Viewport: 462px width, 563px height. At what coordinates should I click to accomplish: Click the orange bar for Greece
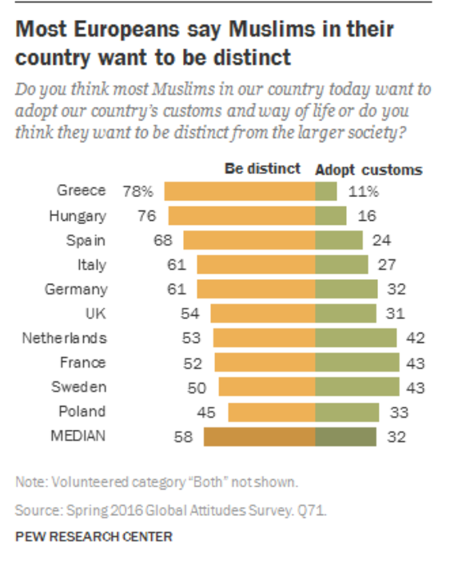point(240,191)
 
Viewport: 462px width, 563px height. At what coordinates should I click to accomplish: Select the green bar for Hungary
point(331,216)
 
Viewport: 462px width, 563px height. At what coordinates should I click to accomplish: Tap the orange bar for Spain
point(249,241)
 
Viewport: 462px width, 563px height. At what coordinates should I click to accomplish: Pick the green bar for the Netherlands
point(356,338)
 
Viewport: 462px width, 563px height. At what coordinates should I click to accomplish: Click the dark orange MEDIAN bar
point(259,436)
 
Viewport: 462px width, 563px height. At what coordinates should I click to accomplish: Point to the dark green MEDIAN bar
point(346,436)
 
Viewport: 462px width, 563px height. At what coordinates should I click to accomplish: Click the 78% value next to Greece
point(137,192)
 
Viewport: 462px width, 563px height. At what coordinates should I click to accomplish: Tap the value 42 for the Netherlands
point(416,339)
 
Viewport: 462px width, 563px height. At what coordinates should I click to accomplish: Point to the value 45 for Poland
point(205,412)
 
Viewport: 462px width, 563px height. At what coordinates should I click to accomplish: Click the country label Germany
point(75,289)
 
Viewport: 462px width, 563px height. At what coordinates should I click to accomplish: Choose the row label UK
point(94,314)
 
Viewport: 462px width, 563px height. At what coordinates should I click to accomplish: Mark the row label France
point(83,363)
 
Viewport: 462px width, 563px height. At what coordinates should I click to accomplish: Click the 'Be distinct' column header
point(262,169)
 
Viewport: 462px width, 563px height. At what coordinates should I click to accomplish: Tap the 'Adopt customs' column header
point(368,169)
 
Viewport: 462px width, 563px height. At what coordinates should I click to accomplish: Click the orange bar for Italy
point(256,265)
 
